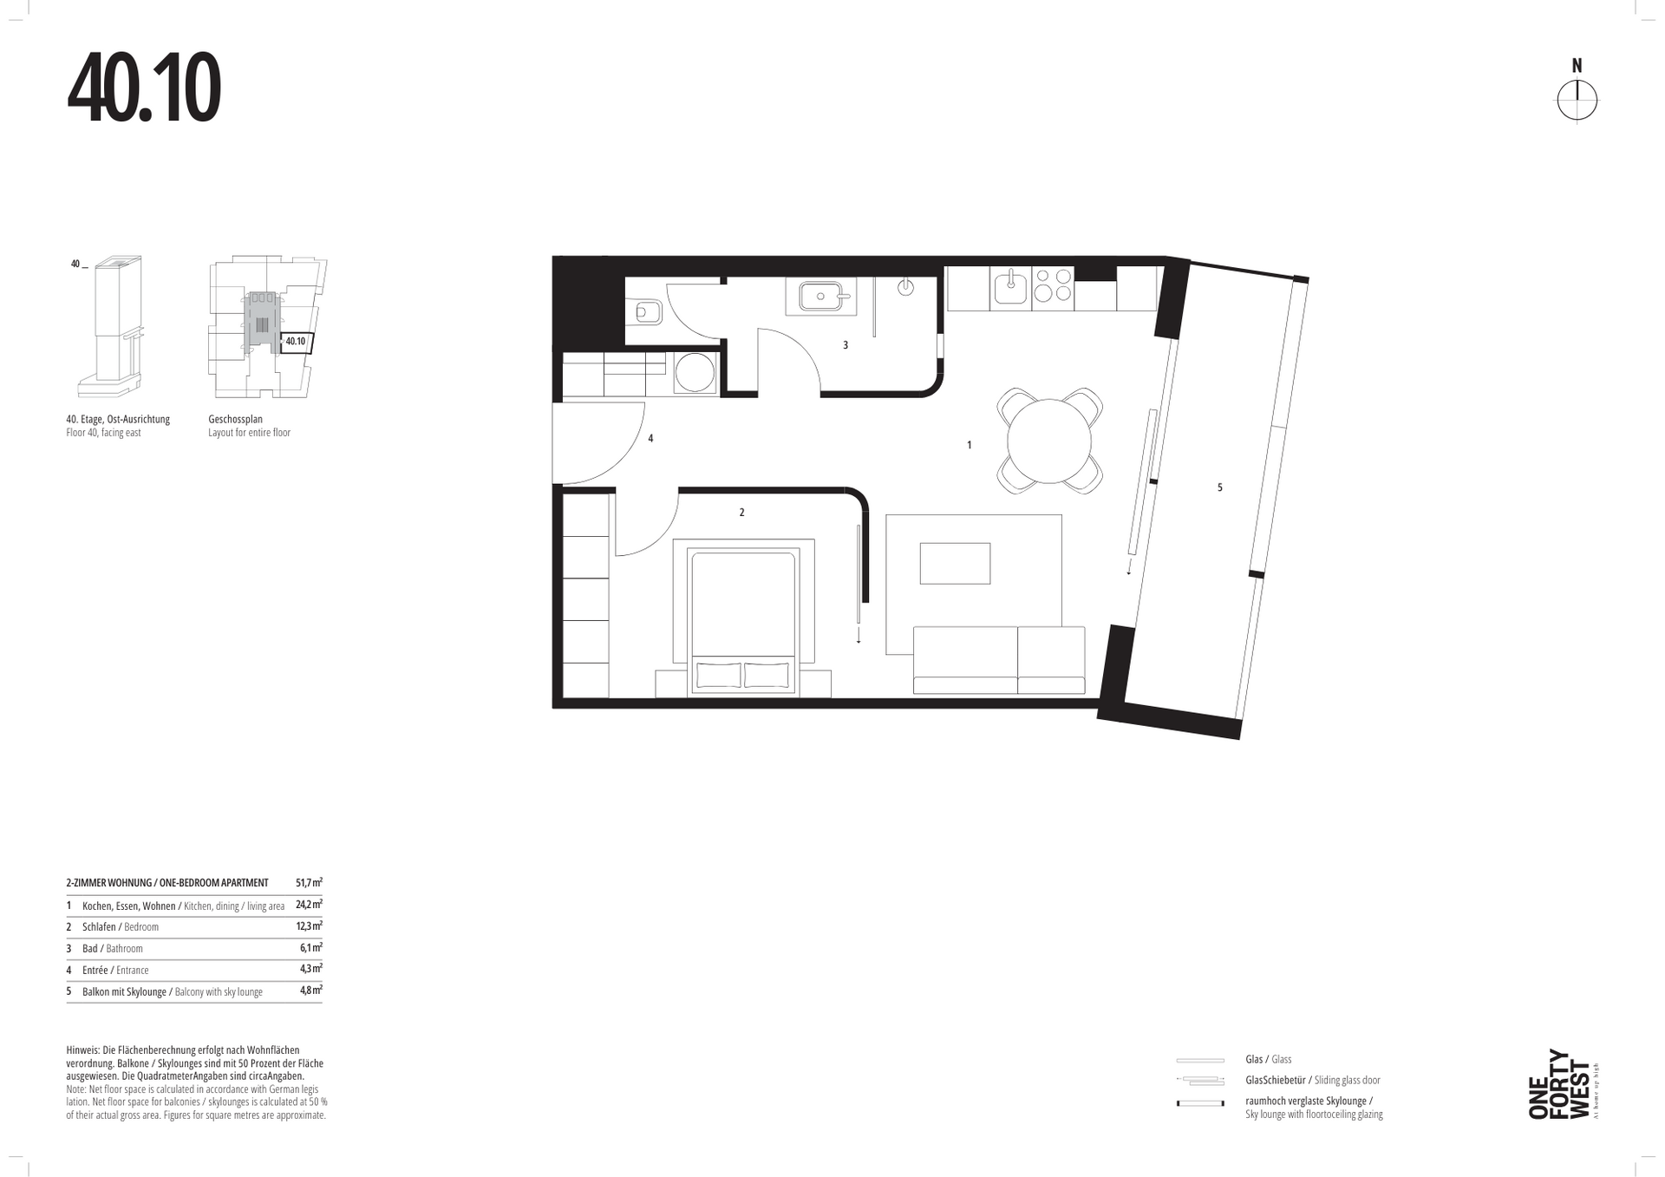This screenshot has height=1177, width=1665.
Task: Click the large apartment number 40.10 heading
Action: tap(144, 88)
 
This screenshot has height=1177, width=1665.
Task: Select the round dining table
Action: tap(1049, 441)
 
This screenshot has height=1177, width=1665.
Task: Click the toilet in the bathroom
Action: tap(647, 311)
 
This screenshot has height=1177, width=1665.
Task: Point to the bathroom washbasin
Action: tap(820, 297)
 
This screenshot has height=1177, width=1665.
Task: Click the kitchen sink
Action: tap(1010, 288)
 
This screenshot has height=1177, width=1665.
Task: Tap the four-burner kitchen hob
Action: tap(1053, 288)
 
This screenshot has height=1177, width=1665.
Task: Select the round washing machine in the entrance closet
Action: tap(695, 374)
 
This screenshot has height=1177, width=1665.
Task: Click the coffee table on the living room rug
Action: tap(955, 564)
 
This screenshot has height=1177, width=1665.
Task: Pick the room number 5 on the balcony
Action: tap(1219, 487)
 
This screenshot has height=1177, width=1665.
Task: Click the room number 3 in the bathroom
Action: tap(846, 345)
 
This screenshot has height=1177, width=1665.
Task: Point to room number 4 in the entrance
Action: tap(650, 438)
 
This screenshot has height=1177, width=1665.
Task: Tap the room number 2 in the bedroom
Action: tap(741, 513)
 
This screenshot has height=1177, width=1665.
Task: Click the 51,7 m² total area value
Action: tap(309, 882)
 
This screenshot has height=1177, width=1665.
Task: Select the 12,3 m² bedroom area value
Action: tap(309, 925)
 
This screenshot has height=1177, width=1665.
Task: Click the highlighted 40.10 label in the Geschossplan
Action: tap(296, 342)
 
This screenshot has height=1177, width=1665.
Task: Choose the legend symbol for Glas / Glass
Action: tap(1200, 1060)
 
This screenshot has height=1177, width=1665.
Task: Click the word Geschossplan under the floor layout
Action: tap(235, 419)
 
